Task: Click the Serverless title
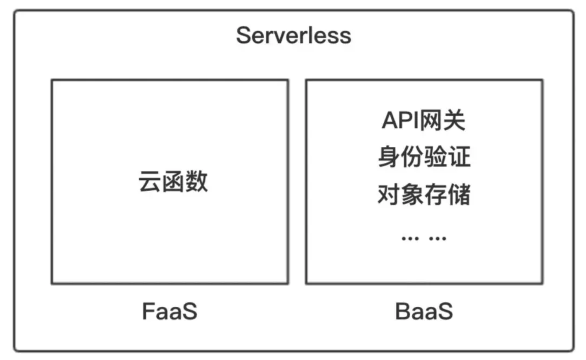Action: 293,35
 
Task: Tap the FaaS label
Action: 170,312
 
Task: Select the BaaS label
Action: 424,312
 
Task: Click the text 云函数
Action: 173,181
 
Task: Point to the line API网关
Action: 424,120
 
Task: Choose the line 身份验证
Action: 424,157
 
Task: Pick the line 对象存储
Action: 424,194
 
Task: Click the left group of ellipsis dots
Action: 410,239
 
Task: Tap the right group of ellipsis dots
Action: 438,239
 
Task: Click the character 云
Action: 150,181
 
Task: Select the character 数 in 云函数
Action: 197,181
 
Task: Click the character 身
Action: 389,157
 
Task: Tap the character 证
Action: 459,157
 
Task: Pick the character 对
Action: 389,194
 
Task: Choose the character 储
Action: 459,194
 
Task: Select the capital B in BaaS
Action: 402,312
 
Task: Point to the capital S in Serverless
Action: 243,35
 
